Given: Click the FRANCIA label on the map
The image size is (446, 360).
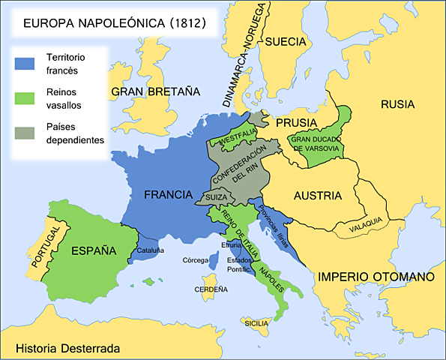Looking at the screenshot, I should click(169, 194).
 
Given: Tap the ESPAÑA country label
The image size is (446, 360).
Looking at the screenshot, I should click(94, 250).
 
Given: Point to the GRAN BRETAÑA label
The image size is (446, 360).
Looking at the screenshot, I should click(155, 92).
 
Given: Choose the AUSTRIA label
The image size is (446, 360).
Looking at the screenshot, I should click(318, 196).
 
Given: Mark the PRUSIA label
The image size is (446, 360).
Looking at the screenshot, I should click(296, 121).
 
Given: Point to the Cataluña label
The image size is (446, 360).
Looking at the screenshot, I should click(151, 250).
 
